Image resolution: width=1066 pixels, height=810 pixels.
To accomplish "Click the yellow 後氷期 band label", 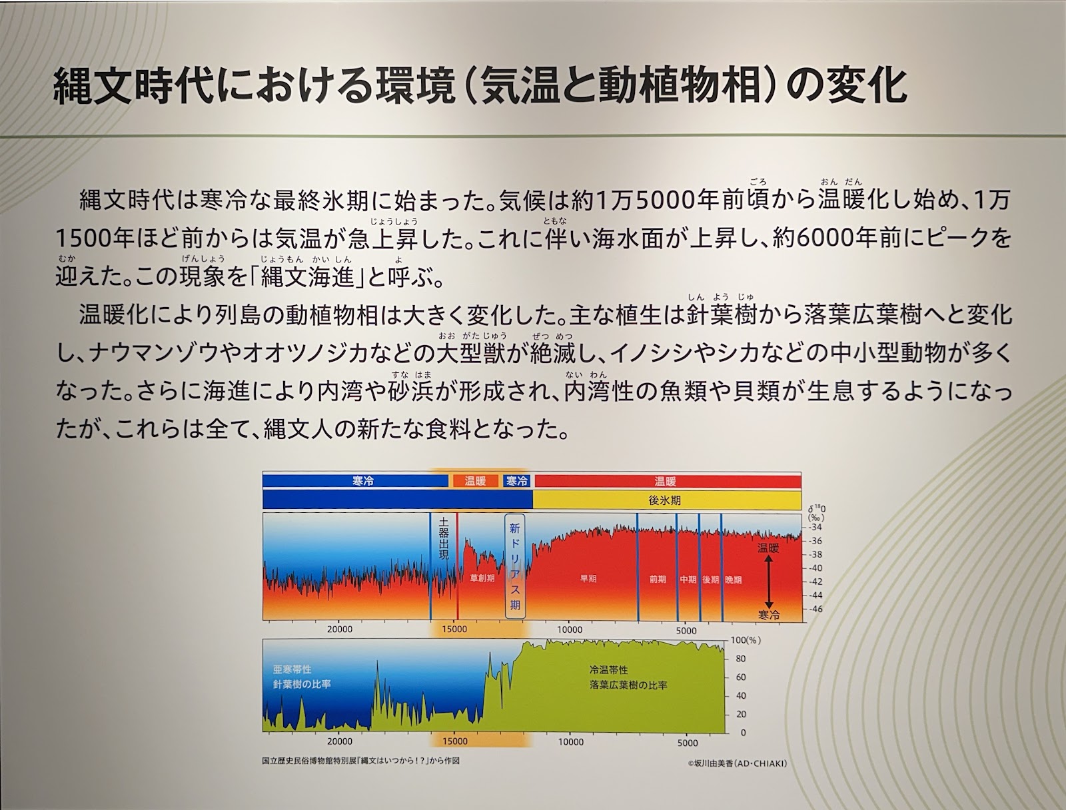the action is click(664, 500).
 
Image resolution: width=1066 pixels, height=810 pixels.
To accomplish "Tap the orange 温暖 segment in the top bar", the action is click(476, 481).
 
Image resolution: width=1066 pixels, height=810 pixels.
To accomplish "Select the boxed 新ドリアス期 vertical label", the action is click(515, 566).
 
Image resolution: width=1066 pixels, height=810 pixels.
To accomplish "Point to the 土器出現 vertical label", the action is click(444, 539).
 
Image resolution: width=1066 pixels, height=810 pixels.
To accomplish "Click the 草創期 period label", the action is click(482, 578).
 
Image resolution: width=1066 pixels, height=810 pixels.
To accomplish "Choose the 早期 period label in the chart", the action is click(588, 578).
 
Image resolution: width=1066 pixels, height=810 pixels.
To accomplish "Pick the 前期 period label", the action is click(658, 579).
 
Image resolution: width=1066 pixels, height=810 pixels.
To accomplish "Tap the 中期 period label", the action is click(688, 580).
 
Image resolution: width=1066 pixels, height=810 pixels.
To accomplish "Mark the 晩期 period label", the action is click(734, 580).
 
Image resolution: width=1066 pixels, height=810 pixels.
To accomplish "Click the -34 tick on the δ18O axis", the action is click(815, 527).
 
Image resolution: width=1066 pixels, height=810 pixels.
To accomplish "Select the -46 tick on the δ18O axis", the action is click(815, 609).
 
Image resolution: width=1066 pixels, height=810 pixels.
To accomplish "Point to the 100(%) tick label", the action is click(746, 640).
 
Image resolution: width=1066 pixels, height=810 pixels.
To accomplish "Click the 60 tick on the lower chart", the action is click(741, 677).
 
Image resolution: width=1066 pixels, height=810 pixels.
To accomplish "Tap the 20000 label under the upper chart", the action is click(340, 629).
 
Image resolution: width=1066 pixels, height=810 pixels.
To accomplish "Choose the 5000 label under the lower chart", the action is click(687, 743).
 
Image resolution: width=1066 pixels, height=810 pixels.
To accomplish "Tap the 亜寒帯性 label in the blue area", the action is click(292, 669).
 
